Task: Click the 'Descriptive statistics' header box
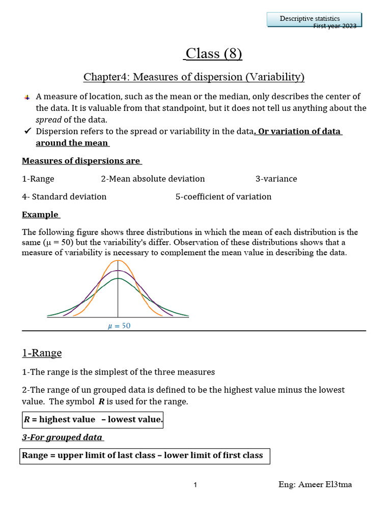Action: click(x=314, y=20)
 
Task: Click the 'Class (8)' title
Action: click(x=213, y=53)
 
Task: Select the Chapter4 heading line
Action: click(x=194, y=77)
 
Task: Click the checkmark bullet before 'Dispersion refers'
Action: click(x=27, y=131)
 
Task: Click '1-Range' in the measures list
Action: click(x=38, y=179)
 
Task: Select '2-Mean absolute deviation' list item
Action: click(x=153, y=179)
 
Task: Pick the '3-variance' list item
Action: click(x=276, y=179)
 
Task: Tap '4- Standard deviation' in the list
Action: click(x=64, y=197)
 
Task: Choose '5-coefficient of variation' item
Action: click(x=224, y=197)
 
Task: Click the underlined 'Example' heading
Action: click(x=40, y=215)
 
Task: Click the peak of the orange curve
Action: click(x=118, y=260)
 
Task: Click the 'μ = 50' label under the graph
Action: click(x=119, y=326)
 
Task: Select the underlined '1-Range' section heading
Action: click(x=42, y=353)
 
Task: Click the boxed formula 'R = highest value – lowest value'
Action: click(x=93, y=420)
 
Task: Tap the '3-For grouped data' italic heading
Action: click(x=62, y=438)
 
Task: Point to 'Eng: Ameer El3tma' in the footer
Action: click(x=315, y=484)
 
